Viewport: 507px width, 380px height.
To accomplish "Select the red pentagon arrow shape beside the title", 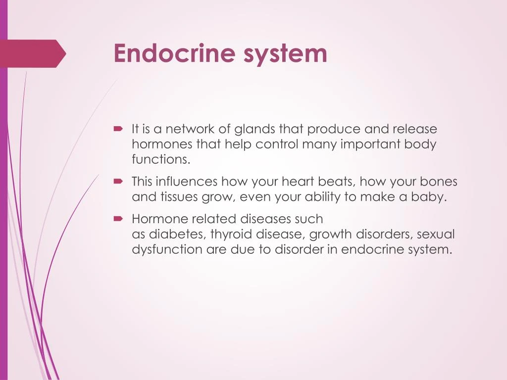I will (33, 53).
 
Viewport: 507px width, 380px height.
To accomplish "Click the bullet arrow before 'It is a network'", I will (118, 129).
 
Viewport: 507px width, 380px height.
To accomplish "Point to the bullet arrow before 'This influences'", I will (118, 182).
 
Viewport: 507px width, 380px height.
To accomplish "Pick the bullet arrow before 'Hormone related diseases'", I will (118, 218).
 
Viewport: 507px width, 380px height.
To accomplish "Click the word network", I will (191, 129).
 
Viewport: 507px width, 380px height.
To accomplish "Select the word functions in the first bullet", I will (160, 159).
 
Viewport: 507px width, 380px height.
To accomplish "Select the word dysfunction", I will (167, 249).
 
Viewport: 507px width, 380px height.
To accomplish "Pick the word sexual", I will (436, 234).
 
